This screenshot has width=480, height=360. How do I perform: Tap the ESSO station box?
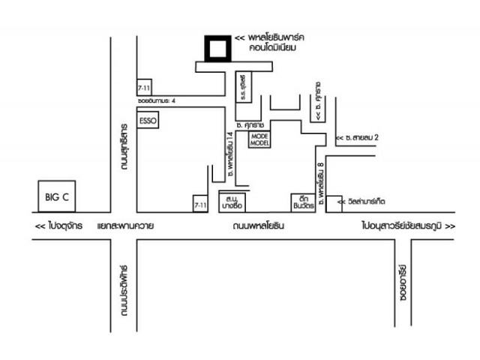(x=147, y=121)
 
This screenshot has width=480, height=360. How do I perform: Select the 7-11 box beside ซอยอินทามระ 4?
(x=143, y=85)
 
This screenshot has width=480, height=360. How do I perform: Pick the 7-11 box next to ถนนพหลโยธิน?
(x=200, y=204)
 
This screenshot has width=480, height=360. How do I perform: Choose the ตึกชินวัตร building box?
(x=301, y=201)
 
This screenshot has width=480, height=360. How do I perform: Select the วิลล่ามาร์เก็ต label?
(x=368, y=201)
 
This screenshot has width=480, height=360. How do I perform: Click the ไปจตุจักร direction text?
(x=58, y=225)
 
